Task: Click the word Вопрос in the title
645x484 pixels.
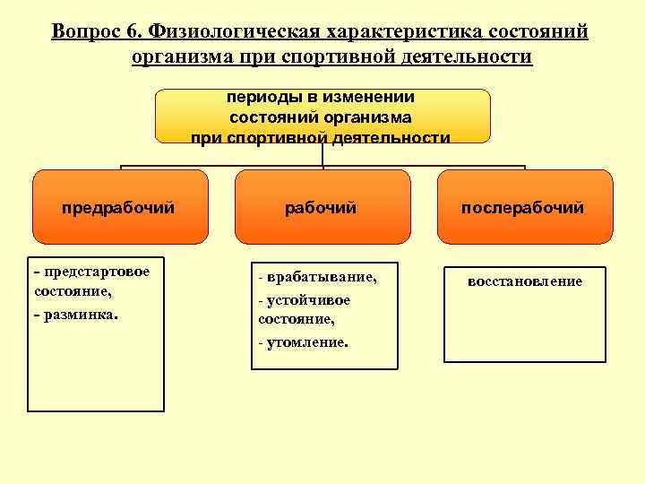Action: pos(84,32)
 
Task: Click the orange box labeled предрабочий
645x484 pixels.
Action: pos(119,207)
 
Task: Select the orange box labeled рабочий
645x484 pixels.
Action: pos(321,207)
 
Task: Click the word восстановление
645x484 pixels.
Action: pos(524,281)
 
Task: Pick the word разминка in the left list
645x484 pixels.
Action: pos(80,315)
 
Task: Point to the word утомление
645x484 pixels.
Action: pos(306,342)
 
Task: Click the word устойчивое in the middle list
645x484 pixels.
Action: pos(308,300)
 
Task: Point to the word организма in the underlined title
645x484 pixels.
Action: pos(181,58)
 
